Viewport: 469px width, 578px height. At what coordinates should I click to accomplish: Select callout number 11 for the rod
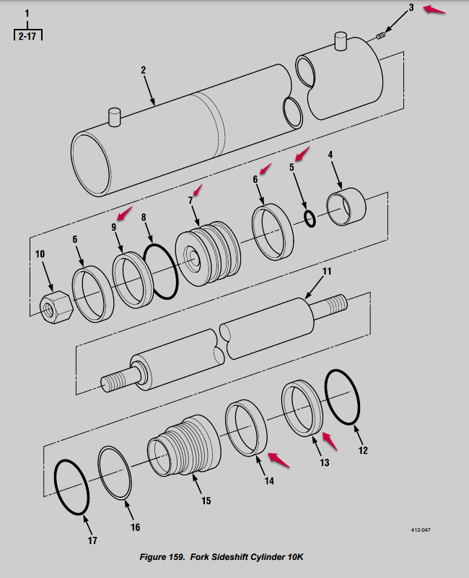pyautogui.click(x=327, y=272)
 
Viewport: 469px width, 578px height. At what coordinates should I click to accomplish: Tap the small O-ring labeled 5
pyautogui.click(x=310, y=219)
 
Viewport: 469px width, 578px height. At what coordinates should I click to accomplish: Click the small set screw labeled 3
pyautogui.click(x=383, y=31)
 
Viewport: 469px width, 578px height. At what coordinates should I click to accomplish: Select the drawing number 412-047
pyautogui.click(x=421, y=530)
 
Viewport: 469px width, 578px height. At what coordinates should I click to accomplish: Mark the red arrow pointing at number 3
pyautogui.click(x=434, y=10)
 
